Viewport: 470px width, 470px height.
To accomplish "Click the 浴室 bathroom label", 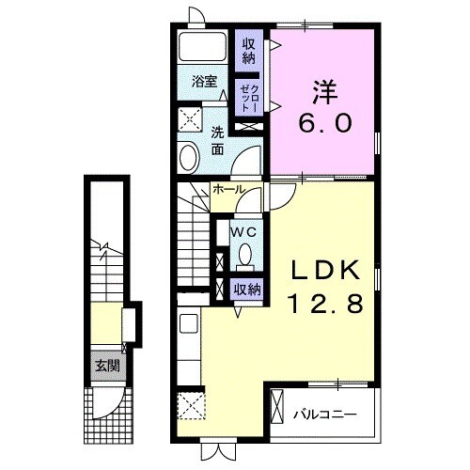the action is (204, 82).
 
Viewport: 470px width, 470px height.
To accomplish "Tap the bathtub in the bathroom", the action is (203, 46).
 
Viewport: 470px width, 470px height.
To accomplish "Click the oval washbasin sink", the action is (189, 157).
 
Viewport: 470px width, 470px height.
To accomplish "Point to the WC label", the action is (243, 232).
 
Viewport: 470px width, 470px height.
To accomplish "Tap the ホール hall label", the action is (228, 189).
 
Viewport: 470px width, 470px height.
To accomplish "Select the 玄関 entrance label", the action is (107, 366).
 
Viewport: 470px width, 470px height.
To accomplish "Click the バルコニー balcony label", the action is (325, 415).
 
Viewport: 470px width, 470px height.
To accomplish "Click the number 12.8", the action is (326, 304).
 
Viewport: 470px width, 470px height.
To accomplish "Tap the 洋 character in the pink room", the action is (325, 93).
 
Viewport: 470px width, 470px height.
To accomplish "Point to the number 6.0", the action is (325, 122).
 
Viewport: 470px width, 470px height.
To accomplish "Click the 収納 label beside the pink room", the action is (248, 52).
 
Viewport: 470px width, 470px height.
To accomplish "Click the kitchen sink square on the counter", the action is (189, 323).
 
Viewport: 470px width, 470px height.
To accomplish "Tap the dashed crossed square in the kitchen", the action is (191, 405).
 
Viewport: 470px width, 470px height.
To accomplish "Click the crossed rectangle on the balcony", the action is (277, 406).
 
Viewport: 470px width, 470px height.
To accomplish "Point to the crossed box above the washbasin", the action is (189, 119).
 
